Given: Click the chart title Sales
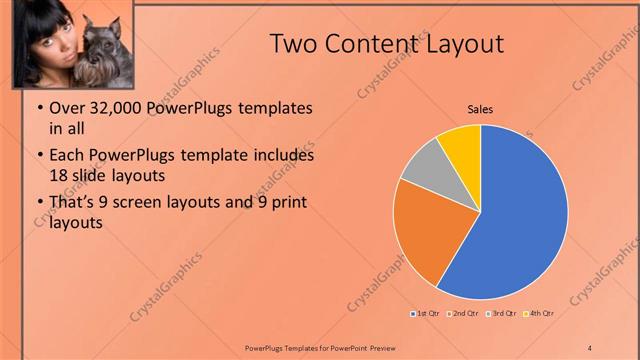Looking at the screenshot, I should pos(480,110).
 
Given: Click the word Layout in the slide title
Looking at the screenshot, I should pos(466,43).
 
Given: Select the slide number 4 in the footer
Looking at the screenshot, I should pos(590,347).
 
